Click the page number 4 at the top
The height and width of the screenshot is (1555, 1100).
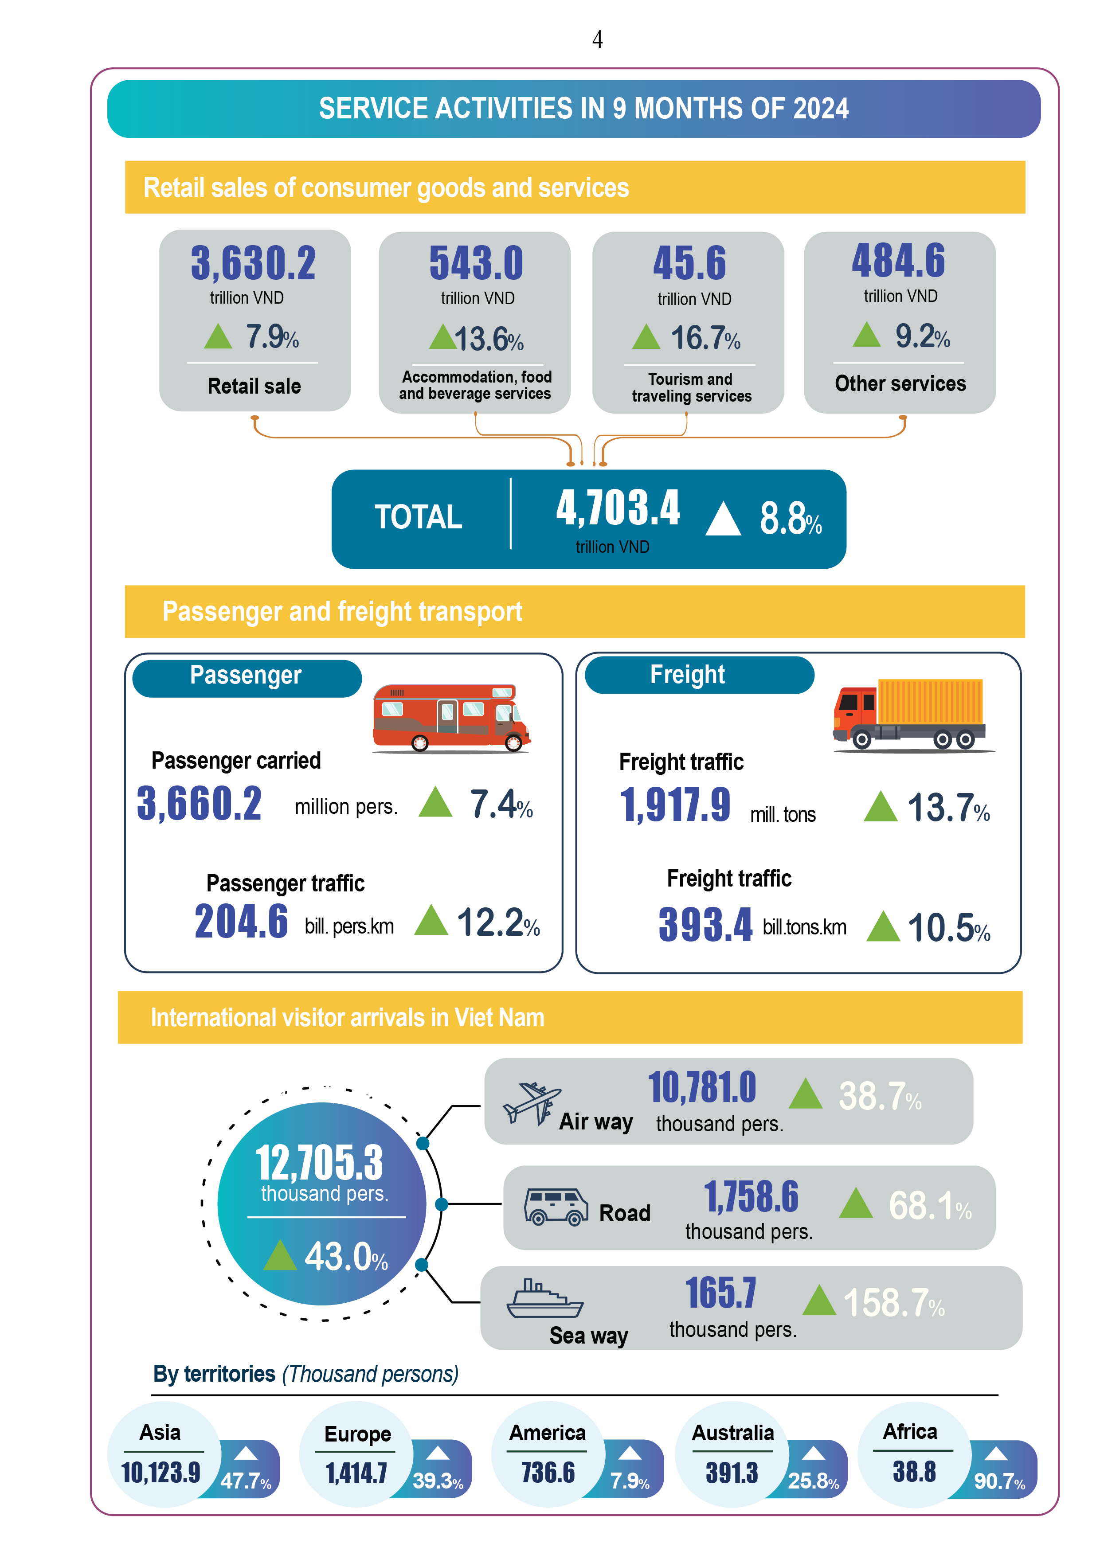click(597, 39)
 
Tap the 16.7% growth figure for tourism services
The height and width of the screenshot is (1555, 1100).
click(705, 338)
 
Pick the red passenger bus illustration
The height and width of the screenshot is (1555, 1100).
click(451, 718)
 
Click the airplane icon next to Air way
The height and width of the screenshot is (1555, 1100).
click(532, 1103)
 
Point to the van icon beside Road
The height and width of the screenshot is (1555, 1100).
click(556, 1207)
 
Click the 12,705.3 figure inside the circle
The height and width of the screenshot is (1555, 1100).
click(319, 1162)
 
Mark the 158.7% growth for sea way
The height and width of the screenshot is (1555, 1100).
click(893, 1303)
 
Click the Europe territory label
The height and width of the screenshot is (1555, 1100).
click(358, 1434)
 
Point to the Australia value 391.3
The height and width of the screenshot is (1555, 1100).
click(732, 1473)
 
